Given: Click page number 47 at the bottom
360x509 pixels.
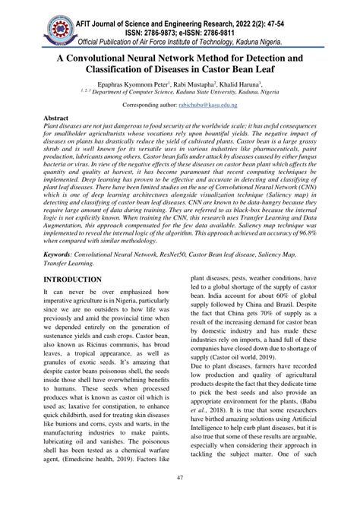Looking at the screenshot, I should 180,500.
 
